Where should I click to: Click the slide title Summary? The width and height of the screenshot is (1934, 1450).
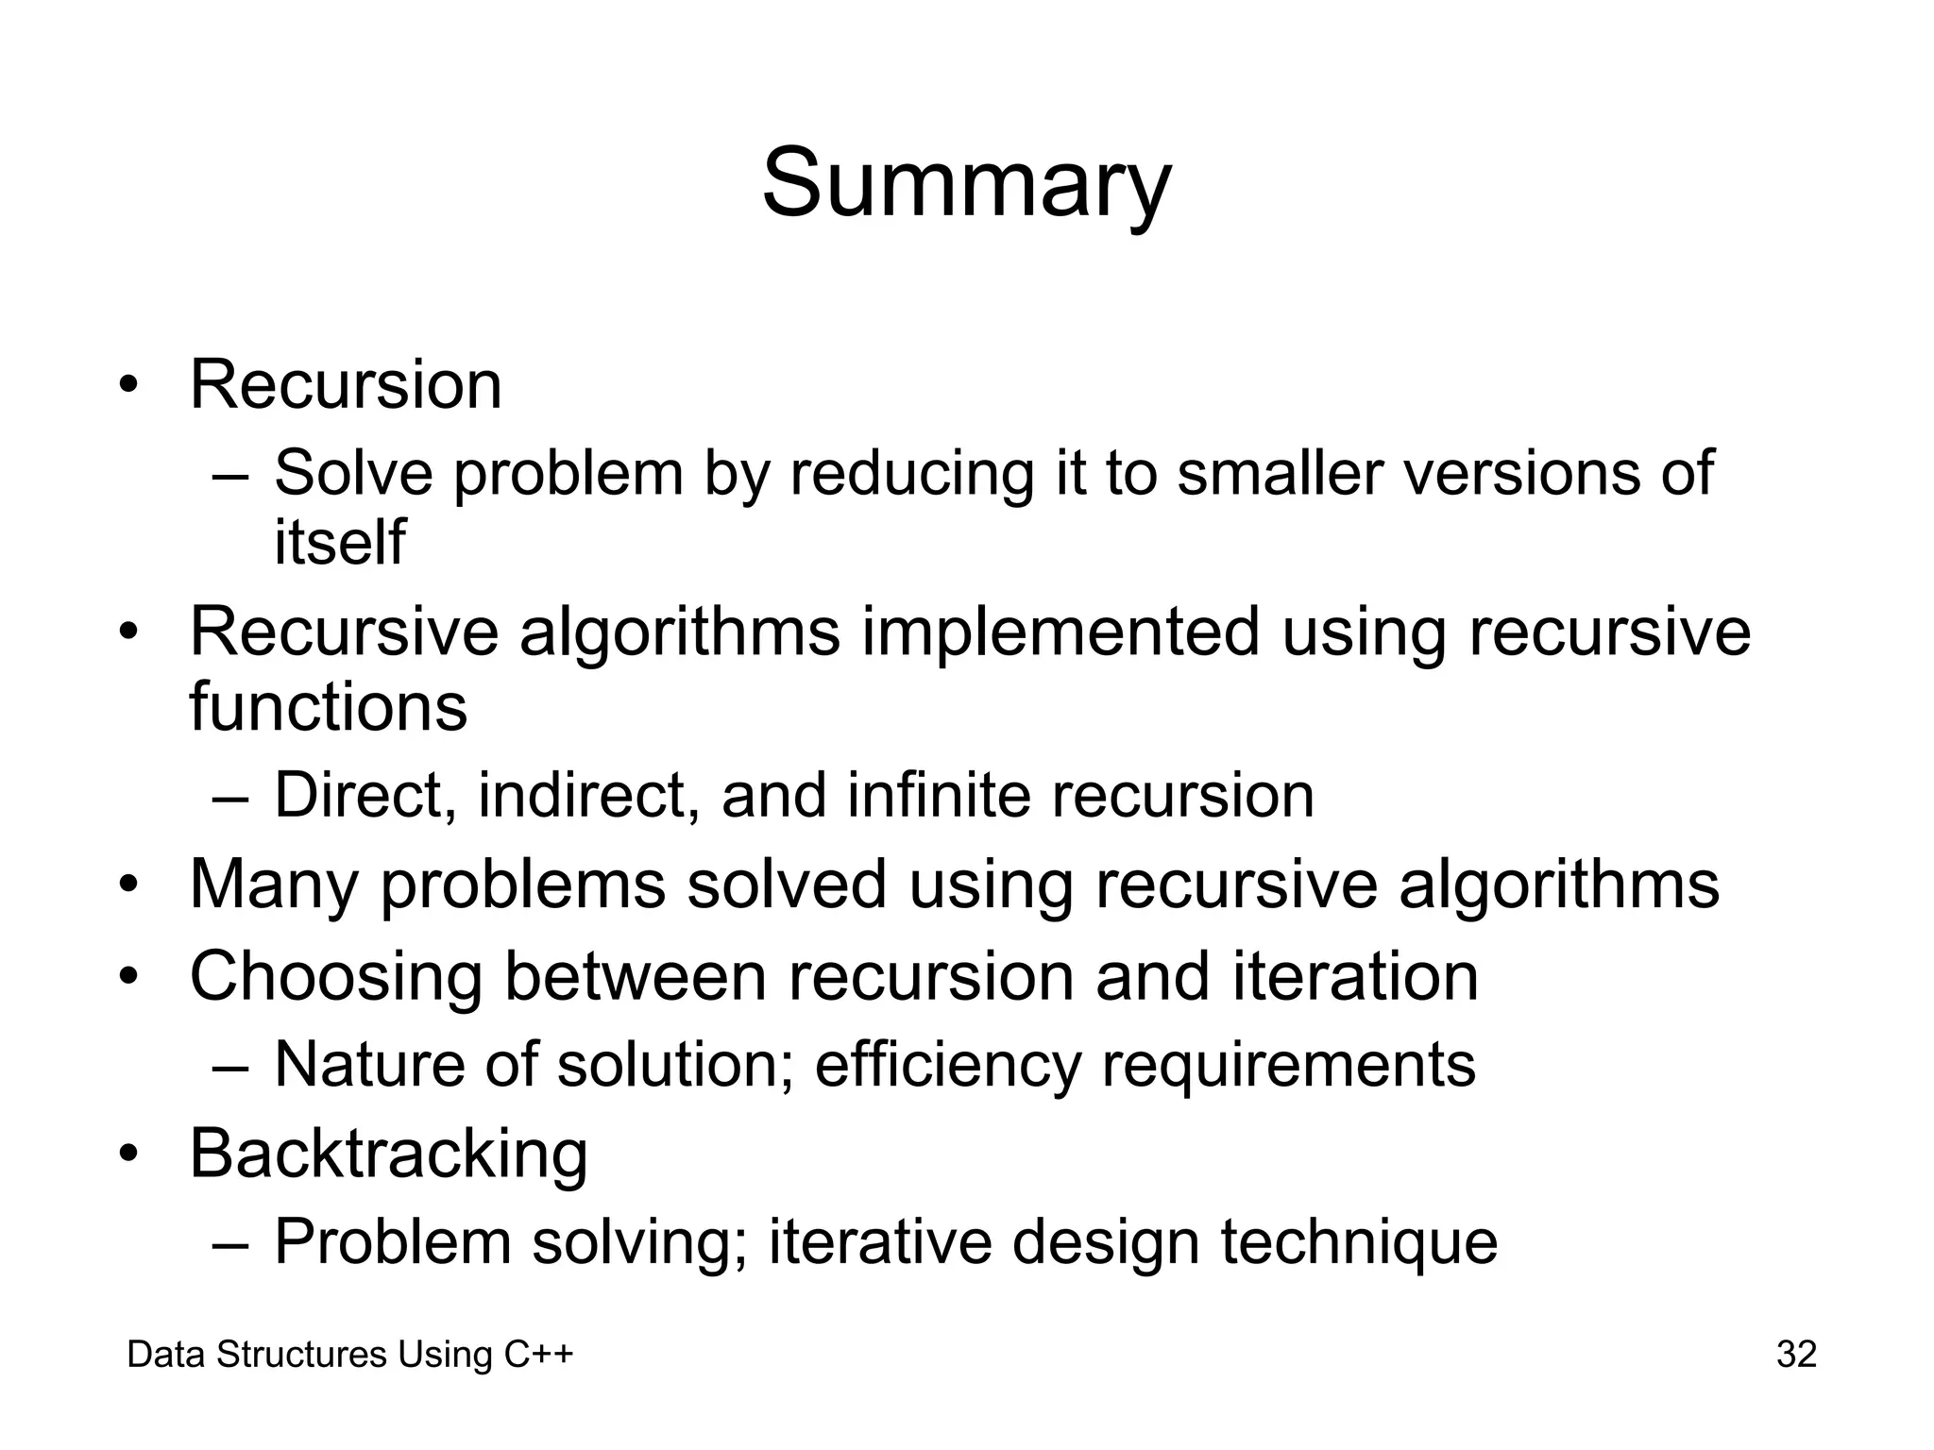pos(966,183)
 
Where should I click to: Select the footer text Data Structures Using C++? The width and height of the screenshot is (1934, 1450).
pos(350,1355)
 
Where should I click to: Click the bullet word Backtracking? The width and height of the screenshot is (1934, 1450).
pos(388,1154)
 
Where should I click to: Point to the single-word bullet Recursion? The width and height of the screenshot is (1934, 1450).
pos(346,385)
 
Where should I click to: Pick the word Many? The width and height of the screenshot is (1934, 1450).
pos(274,885)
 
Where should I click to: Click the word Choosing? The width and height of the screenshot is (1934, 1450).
pos(336,977)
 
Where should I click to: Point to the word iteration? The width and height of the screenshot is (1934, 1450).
pos(1355,976)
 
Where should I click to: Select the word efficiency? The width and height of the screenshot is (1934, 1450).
pos(947,1065)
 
